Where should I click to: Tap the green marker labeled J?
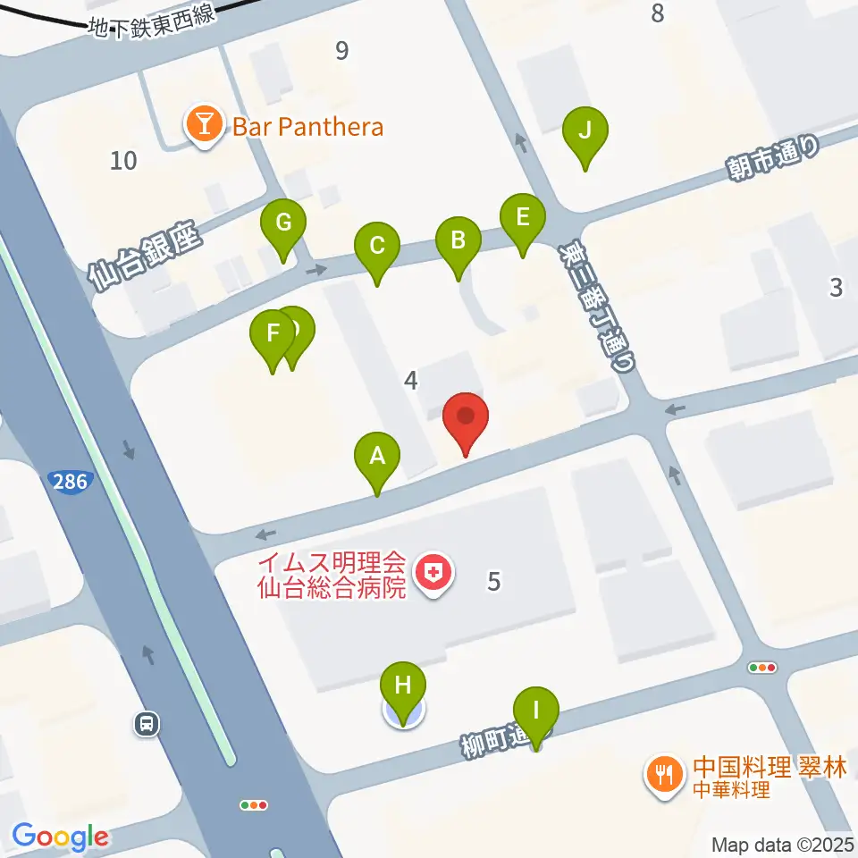585,132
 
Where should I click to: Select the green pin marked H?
403,688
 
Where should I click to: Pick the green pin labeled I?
535,712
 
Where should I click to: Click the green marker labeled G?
283,223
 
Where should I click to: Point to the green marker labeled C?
376,246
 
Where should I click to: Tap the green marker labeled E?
523,218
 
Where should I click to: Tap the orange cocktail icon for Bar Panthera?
205,127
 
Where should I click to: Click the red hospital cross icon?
435,573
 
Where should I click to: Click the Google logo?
61,837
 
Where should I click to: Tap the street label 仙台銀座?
147,258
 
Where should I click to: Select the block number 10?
124,161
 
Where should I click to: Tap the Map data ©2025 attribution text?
783,844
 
